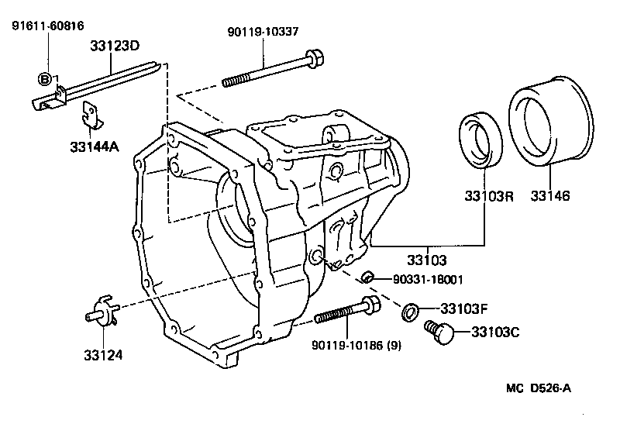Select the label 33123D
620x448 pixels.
tap(113, 47)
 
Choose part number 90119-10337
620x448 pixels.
tap(263, 31)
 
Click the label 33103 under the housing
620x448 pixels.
tap(428, 260)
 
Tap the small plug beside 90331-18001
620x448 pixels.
tap(370, 277)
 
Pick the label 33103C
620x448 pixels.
tap(492, 333)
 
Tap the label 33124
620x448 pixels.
tap(103, 355)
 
